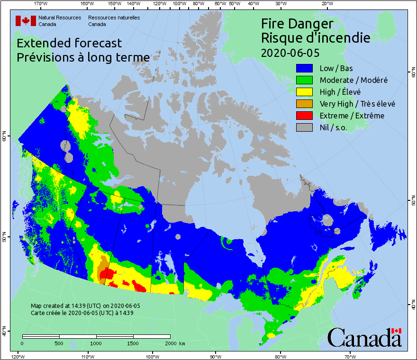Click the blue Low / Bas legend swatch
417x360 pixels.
pos(306,68)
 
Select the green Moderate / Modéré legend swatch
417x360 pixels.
pos(306,80)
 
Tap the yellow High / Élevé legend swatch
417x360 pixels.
pos(306,92)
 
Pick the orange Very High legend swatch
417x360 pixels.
pos(306,104)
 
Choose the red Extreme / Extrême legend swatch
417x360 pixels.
pos(306,116)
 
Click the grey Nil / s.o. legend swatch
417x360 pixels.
pos(306,127)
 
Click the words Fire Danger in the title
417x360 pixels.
pos(297,24)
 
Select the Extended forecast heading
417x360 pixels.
pos(69,43)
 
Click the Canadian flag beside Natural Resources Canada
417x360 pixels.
pos(26,21)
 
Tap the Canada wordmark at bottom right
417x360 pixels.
pos(364,338)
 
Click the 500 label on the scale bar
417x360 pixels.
pos(59,343)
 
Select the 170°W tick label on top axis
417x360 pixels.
pos(41,4)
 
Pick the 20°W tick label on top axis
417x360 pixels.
pos(326,4)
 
